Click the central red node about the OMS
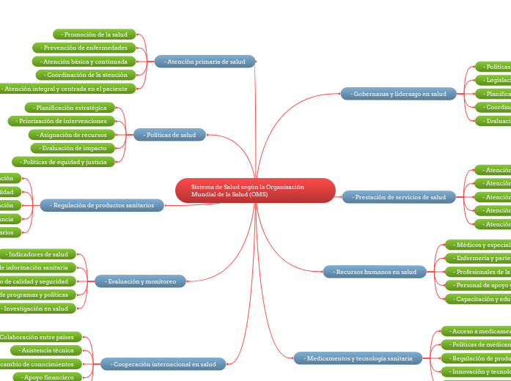(x=255, y=190)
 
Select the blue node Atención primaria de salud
(x=205, y=62)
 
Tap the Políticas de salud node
(x=169, y=135)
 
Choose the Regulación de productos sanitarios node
(x=102, y=206)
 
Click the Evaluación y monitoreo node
(x=140, y=281)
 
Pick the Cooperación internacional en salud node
(x=163, y=364)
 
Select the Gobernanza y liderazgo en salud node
(x=398, y=94)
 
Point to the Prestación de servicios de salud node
(x=399, y=197)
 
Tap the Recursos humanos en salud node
(x=375, y=272)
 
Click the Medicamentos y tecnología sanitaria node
(x=358, y=358)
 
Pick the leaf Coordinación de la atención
(x=86, y=75)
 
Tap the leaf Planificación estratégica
(x=70, y=108)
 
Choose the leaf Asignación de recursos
(x=73, y=135)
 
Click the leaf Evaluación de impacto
(x=78, y=148)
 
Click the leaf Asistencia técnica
(x=52, y=350)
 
